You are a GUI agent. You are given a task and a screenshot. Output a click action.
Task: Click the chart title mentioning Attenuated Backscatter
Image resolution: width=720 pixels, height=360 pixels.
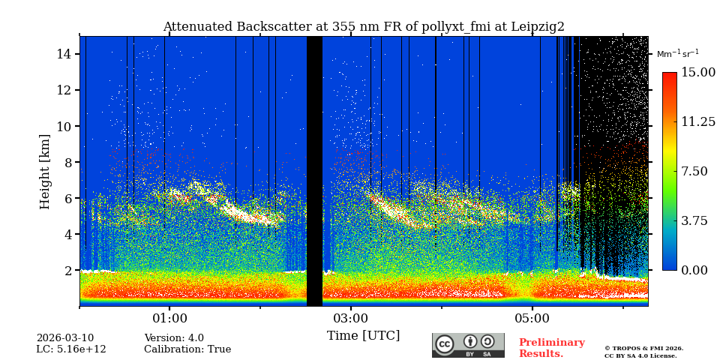coord(364,27)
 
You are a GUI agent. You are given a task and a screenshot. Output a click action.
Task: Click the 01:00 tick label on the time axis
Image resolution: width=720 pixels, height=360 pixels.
coord(170,319)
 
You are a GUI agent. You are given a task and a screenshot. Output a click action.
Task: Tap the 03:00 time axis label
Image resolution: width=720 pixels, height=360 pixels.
coord(351,319)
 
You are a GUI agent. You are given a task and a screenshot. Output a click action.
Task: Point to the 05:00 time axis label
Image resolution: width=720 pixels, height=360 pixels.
coord(532,319)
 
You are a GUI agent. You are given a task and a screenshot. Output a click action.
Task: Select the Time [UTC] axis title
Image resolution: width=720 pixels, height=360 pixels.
coord(363,335)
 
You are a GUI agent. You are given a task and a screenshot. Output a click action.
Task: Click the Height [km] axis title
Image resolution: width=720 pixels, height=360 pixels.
coord(45,171)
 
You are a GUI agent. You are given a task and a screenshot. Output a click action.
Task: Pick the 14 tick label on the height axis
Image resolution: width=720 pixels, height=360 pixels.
coord(63,54)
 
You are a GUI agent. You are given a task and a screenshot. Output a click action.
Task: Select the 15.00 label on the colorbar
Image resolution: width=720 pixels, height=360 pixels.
coord(697,73)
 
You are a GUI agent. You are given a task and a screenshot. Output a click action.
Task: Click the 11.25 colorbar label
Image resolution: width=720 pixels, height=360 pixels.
coord(697,122)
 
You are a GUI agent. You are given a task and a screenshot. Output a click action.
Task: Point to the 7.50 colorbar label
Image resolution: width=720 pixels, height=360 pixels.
coord(694,171)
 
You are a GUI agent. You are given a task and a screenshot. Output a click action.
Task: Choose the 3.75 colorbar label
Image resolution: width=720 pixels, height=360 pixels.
coord(694,220)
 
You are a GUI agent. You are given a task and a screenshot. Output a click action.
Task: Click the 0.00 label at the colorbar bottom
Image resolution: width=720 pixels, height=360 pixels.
coord(694,270)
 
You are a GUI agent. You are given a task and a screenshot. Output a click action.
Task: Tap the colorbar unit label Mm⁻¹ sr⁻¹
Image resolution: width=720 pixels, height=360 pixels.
coord(677,54)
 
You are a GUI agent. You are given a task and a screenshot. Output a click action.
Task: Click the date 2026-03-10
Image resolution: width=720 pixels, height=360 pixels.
coord(65,338)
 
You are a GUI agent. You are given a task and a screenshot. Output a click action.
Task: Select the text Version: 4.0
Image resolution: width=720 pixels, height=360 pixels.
coord(174,338)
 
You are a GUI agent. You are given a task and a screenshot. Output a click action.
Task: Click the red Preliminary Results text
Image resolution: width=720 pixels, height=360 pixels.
coord(551,348)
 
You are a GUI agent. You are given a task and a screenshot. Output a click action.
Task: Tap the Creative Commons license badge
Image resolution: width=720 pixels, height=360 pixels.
coord(468,345)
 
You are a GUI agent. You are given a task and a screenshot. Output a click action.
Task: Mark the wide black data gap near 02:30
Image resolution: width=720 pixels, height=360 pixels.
coord(314,171)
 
